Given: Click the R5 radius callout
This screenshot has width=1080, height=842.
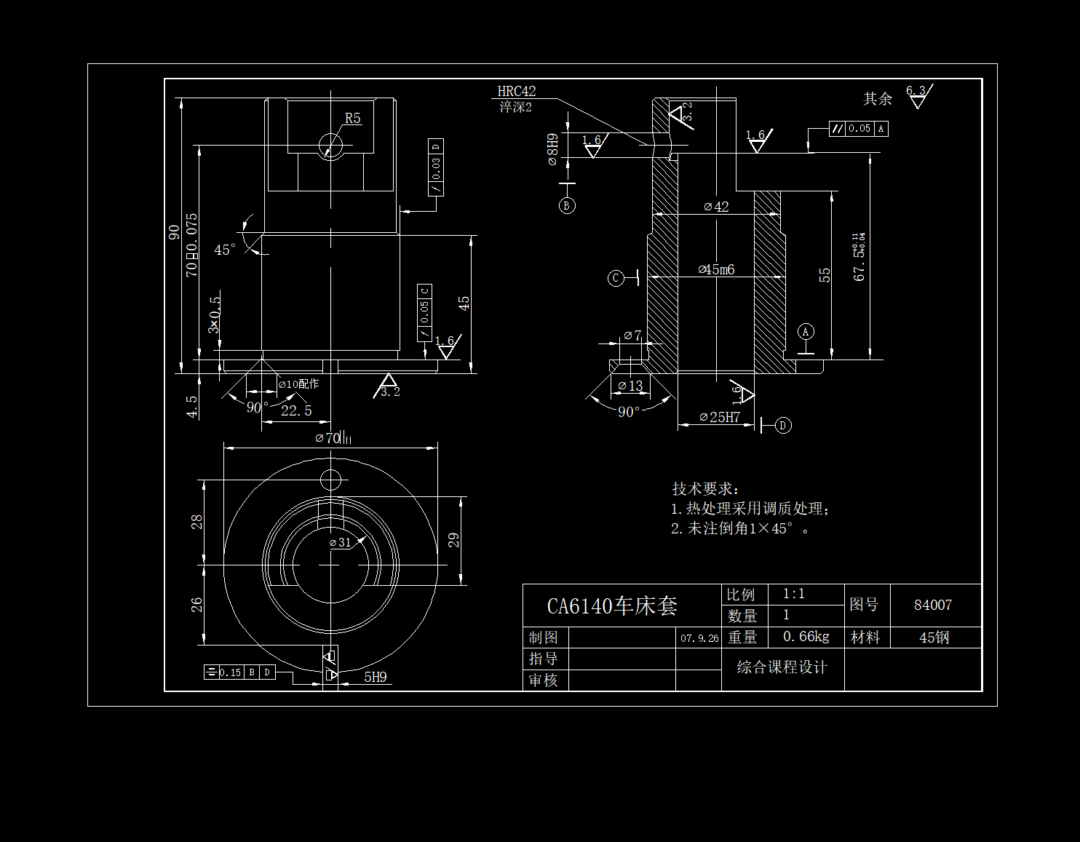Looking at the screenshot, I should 352,119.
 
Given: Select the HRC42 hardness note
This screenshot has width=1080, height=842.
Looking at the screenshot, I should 516,92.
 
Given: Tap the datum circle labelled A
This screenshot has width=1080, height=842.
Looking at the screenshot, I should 805,332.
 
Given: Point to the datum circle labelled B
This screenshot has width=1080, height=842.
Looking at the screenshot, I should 567,205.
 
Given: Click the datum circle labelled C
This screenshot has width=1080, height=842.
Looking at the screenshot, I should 616,278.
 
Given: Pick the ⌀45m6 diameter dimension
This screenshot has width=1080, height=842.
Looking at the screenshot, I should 717,270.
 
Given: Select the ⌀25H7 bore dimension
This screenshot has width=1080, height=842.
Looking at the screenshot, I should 720,417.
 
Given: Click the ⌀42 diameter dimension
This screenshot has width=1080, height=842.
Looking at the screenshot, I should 717,207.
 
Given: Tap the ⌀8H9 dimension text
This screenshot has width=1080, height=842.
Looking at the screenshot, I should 553,149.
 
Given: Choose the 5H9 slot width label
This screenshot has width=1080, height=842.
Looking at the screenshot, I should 376,678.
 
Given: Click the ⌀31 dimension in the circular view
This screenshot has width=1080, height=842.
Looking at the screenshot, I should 341,543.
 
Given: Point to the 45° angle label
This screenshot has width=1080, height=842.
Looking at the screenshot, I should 225,250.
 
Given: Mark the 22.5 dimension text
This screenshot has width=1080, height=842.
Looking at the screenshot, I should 296,411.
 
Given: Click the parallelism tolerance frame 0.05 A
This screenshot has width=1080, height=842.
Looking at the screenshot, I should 859,129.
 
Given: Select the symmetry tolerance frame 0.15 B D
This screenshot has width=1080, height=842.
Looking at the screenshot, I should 239,672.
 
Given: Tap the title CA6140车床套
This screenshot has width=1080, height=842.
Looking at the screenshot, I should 612,606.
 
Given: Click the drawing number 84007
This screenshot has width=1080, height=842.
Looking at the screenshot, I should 933,605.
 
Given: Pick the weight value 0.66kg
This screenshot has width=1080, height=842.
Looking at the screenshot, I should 806,637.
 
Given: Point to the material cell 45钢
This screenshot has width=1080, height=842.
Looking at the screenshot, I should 934,638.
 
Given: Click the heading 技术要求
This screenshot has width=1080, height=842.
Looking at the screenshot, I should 704,489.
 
